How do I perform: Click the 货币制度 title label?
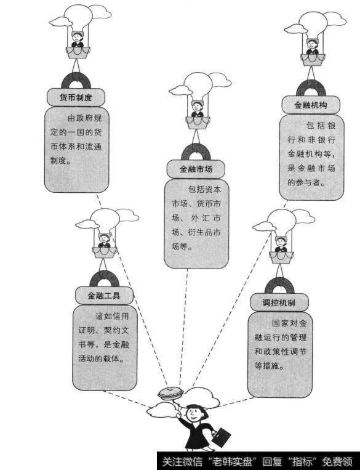coord(76,97)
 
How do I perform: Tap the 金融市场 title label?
coord(196,168)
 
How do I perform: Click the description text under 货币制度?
coord(77,139)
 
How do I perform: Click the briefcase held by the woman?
coord(222,437)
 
